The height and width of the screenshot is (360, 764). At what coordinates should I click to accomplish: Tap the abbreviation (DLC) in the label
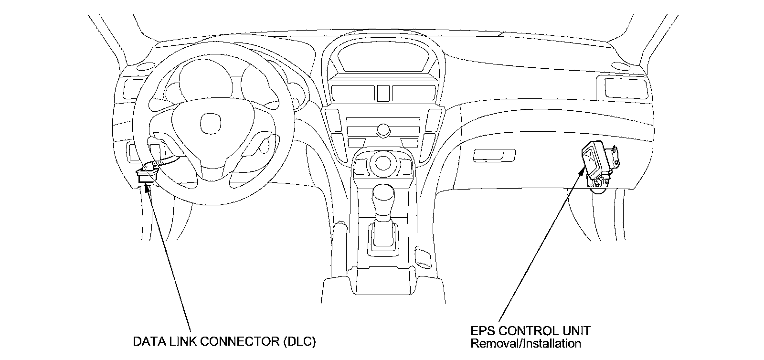click(299, 342)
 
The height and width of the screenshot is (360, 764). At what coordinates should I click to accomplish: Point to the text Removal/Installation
click(526, 343)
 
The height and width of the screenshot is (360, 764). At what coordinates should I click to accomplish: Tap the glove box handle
click(495, 155)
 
